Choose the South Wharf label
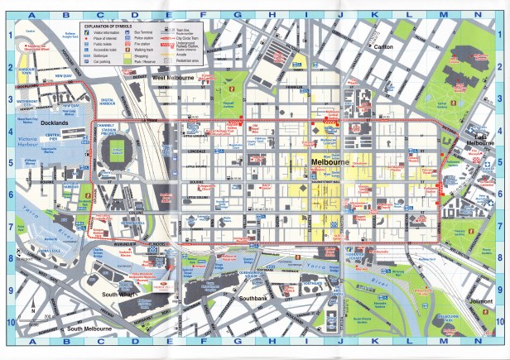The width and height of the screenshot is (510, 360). (116, 295)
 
